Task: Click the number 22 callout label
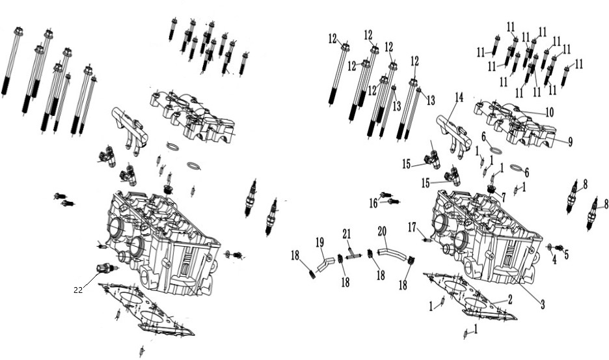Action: point(78,290)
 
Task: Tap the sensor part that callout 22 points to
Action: point(105,268)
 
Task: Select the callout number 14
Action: point(459,97)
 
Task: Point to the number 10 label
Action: point(548,113)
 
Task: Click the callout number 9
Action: point(570,143)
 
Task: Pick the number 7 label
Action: point(504,197)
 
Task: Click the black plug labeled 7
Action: point(493,189)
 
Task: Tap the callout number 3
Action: point(543,305)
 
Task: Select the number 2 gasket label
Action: point(510,299)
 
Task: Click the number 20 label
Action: point(382,232)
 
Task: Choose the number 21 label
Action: point(347,234)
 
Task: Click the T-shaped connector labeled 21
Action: point(353,257)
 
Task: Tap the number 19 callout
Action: point(319,243)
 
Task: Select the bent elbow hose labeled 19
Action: point(325,264)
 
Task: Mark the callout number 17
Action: point(412,227)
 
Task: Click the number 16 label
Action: point(373,203)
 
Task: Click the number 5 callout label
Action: point(566,255)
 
